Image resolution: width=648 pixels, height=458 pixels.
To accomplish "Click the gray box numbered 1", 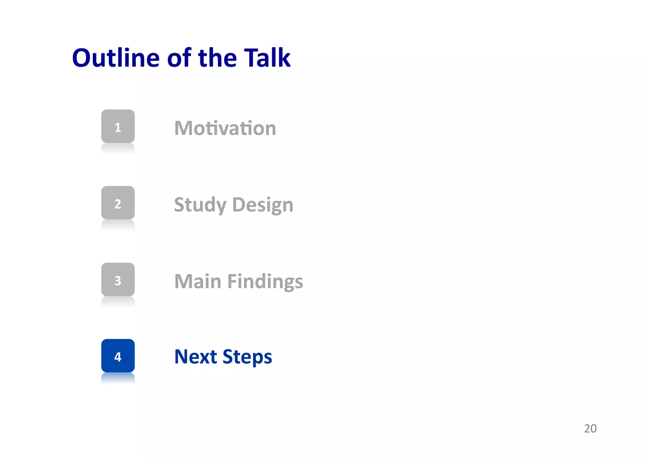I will pyautogui.click(x=118, y=127).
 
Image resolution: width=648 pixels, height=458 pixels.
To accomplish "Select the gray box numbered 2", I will pyautogui.click(x=118, y=203).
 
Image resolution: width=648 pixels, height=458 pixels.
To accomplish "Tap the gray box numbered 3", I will pyautogui.click(x=118, y=280).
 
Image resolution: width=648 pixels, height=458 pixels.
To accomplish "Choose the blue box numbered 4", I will pyautogui.click(x=118, y=356).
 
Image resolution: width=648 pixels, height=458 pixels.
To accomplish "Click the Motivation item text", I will pyautogui.click(x=225, y=128).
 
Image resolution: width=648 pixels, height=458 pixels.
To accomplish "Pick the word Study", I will pyautogui.click(x=200, y=205).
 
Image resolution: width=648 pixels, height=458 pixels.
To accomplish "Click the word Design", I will pyautogui.click(x=263, y=205).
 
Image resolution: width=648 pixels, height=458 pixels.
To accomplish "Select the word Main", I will pyautogui.click(x=198, y=281).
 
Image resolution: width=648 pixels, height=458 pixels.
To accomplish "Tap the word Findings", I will pyautogui.click(x=265, y=281).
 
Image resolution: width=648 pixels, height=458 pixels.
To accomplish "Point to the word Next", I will pyautogui.click(x=196, y=357).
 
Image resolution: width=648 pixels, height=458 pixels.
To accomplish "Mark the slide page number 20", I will pyautogui.click(x=590, y=429).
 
